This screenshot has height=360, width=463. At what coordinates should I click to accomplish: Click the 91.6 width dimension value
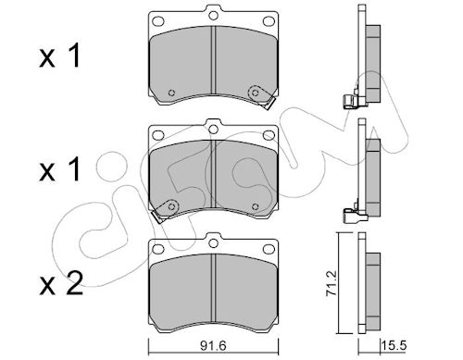point(213,345)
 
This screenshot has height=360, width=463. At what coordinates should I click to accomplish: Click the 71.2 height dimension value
point(332,283)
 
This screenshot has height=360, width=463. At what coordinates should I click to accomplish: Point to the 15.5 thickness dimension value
point(394,345)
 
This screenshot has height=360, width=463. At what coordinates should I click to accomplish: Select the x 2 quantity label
point(61,283)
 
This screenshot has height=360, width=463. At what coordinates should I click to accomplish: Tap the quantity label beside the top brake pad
point(60,56)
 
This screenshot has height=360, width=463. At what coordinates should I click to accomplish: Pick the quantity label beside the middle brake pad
point(60,169)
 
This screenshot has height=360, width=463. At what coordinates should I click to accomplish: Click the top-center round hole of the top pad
point(213,15)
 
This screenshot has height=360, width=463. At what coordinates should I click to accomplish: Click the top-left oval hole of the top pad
point(158,21)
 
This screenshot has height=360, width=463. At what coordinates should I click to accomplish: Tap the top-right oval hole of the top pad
point(269,21)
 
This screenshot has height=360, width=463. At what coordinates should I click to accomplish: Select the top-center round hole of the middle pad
point(213,130)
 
